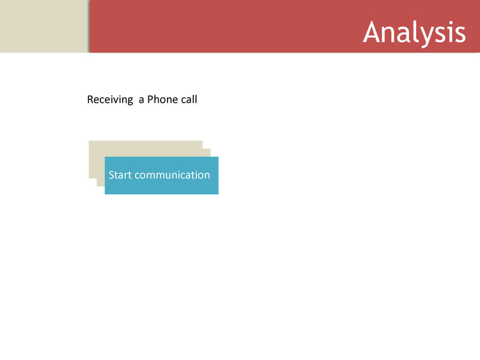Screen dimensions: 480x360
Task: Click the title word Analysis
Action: coord(414,33)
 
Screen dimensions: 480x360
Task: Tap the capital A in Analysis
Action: coord(373,32)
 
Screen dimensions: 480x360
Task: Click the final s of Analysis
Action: coord(460,35)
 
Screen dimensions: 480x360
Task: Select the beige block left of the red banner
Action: coord(44,26)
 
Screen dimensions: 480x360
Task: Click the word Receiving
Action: coord(110,100)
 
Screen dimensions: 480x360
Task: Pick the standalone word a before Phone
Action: coord(141,100)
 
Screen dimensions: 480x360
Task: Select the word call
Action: coord(188,99)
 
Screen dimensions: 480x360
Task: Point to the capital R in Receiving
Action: coord(90,99)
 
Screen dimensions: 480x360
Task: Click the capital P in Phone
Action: coord(150,99)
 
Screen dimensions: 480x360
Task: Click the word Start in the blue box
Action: coord(120,175)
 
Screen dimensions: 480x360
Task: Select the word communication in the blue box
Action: coord(172,175)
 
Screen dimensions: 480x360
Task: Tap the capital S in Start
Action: coord(111,175)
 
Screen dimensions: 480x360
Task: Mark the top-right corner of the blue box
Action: coord(218,157)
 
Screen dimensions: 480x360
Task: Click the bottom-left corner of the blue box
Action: coord(105,194)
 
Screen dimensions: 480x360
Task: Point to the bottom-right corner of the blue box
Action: coord(218,194)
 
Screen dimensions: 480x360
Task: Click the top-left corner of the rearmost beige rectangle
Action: coord(89,141)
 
